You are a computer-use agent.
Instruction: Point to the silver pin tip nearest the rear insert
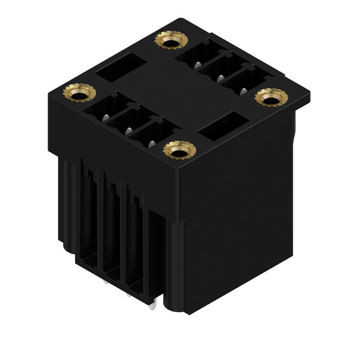point(197,65)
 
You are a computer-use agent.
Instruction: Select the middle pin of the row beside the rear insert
point(220,78)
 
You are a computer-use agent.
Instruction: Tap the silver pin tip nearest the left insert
point(104,117)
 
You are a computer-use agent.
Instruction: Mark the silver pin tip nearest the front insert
point(152,144)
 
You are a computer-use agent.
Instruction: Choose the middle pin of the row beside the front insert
point(128,130)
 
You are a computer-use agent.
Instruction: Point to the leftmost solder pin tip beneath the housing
point(105,282)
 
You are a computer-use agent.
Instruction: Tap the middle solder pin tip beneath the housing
point(129,295)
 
